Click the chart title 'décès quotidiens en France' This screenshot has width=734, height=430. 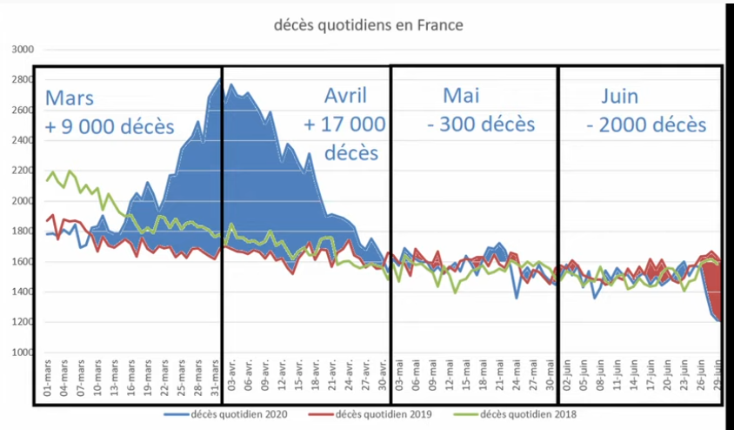click(369, 25)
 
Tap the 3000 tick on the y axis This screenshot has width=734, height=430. click(22, 50)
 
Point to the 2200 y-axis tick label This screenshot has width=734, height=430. click(22, 171)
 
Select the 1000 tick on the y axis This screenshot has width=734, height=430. click(22, 353)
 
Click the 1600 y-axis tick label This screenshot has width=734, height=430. click(22, 262)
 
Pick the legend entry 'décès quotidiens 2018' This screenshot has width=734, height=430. click(519, 414)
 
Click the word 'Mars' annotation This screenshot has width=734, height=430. click(70, 97)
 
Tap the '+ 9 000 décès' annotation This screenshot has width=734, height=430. click(110, 126)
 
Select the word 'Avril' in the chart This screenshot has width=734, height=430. click(345, 95)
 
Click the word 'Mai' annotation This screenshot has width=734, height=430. click(461, 95)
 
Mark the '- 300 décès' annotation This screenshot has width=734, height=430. click(481, 124)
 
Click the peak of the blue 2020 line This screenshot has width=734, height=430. click(219, 80)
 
